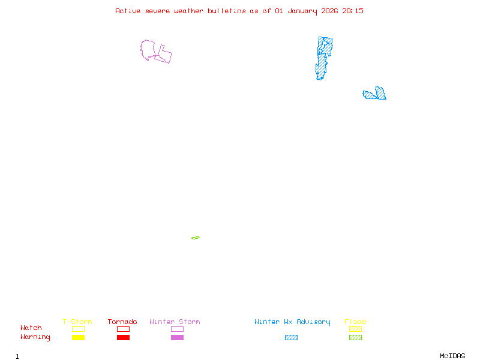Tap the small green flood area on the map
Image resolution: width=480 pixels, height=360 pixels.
pos(196,238)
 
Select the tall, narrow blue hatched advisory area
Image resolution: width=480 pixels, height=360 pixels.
pos(323,59)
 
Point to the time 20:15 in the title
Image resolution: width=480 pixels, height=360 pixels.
pos(353,11)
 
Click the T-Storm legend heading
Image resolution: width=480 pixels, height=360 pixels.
pos(77,322)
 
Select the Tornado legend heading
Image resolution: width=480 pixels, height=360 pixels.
pos(122,322)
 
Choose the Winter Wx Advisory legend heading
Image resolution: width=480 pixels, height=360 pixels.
pos(292,322)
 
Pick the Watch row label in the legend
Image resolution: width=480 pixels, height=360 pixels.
pos(31,328)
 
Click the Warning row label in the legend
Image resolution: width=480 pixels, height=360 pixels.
pos(35,337)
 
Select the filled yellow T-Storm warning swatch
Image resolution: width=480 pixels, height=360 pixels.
pos(78,338)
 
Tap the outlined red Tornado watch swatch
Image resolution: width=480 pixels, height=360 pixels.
pos(123,329)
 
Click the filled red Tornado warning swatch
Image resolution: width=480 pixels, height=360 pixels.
pos(123,338)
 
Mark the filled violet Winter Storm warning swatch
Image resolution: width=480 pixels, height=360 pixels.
pos(177,338)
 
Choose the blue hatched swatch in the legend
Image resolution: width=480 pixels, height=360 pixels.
pos(291,338)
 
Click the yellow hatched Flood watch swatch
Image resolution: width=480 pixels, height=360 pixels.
pos(355,329)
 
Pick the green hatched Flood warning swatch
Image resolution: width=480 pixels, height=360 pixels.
pos(355,338)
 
